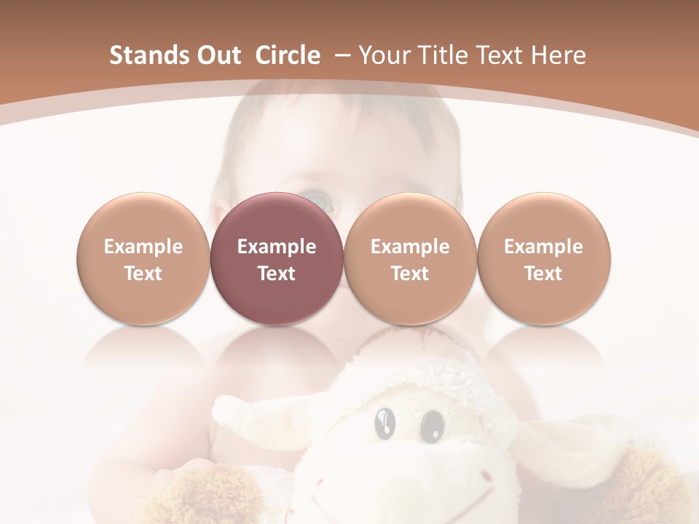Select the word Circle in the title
point(288,55)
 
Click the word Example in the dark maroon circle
point(277,247)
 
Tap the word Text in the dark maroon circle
point(277,274)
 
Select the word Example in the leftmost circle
point(143,247)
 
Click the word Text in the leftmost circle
point(143,274)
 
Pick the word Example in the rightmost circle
point(543,247)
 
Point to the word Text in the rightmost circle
point(543,274)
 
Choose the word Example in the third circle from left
point(410,247)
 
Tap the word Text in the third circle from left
point(410,274)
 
